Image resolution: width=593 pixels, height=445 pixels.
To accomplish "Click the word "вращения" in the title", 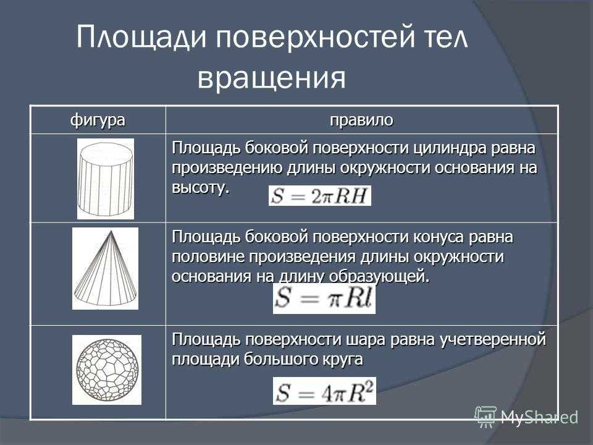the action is [x=272, y=78].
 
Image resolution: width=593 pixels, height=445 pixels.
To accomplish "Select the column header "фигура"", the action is [x=98, y=121].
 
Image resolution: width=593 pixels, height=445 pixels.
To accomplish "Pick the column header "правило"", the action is [x=361, y=121].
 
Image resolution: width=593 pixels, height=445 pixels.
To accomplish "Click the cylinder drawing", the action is [x=106, y=179].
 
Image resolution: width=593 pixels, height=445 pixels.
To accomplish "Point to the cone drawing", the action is [x=105, y=268].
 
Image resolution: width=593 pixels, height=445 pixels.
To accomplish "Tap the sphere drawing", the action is [x=107, y=370].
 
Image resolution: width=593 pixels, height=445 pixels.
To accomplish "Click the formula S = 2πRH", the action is [x=320, y=196].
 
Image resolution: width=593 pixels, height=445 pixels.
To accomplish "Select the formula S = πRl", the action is [x=324, y=298].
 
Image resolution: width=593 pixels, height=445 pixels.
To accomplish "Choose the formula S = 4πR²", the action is [x=324, y=391].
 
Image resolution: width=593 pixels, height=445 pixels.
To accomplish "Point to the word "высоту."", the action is [x=201, y=188].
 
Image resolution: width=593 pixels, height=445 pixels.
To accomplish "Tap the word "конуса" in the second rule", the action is [x=439, y=237].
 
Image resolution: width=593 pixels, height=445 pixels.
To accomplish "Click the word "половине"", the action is [x=208, y=257].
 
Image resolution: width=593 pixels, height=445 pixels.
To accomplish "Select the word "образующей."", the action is [x=379, y=277].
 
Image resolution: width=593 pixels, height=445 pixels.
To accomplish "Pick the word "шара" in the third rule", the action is [x=366, y=340].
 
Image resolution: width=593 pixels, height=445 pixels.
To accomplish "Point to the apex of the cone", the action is [x=111, y=231].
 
